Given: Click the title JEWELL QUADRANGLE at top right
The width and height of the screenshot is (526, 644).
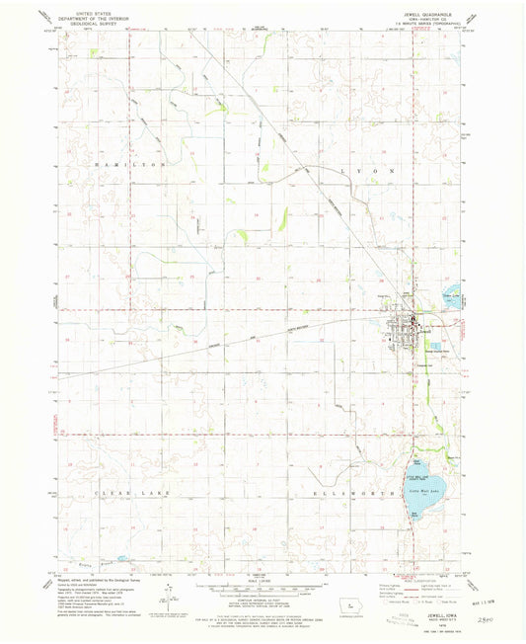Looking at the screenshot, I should click(x=431, y=16).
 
